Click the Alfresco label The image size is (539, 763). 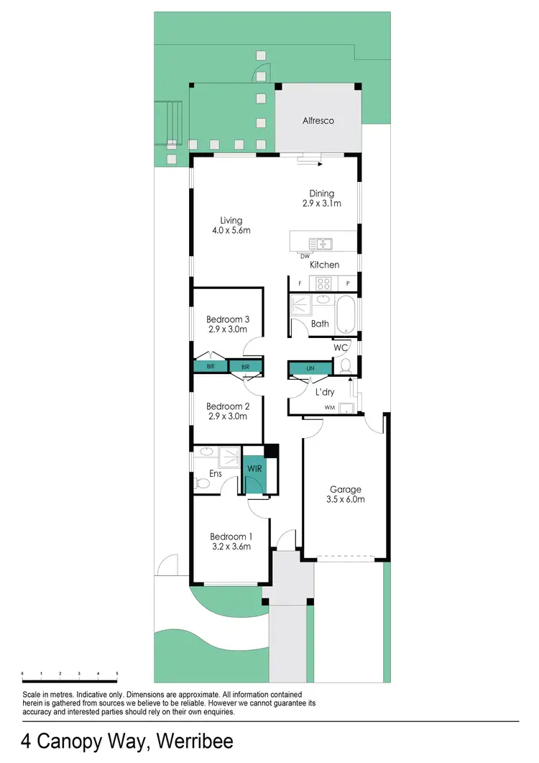pos(318,121)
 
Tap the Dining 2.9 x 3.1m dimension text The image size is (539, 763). pos(321,204)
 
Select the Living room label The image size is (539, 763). pos(231,221)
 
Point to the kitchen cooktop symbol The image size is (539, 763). pos(324,283)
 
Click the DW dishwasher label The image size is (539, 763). pos(305,255)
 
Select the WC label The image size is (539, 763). pos(341,347)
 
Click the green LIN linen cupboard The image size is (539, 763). pos(310,368)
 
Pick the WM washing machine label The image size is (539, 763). pos(329,408)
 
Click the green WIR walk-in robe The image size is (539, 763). pos(254,469)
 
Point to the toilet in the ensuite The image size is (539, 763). pos(202,485)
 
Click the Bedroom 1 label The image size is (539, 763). pos(231,536)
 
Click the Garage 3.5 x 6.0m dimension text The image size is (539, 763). pos(345,499)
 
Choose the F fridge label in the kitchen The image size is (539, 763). pos(300,283)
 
